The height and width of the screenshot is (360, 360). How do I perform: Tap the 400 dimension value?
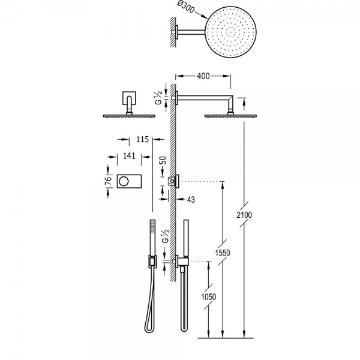click(x=203, y=76)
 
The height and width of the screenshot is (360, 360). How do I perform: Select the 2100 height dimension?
click(x=244, y=215)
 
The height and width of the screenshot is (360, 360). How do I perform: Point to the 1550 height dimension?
click(x=222, y=253)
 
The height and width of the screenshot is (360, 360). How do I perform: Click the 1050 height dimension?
click(x=208, y=297)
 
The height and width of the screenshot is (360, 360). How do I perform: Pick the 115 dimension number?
click(x=143, y=139)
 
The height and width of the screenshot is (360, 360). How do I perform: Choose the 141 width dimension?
click(x=129, y=156)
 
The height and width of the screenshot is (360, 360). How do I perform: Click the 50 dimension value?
click(x=163, y=160)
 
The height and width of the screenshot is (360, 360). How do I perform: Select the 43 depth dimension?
click(x=191, y=200)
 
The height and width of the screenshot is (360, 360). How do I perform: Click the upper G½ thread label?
click(x=158, y=98)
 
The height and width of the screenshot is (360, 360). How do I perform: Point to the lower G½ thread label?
click(x=166, y=236)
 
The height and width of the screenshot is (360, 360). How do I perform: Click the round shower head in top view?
click(x=230, y=32)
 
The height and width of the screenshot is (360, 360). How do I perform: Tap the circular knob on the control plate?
click(x=124, y=181)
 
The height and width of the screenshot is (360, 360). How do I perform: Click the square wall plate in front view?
click(x=129, y=98)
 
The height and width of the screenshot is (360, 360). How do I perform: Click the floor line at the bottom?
click(x=226, y=338)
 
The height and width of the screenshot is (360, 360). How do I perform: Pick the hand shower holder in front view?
click(x=152, y=261)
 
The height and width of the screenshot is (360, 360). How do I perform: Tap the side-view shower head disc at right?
click(x=230, y=116)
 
